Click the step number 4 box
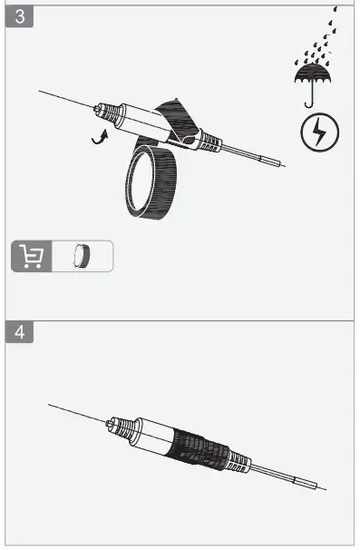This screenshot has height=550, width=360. point(20,332)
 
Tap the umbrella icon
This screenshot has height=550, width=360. point(310,76)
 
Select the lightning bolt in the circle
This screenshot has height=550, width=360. point(319,133)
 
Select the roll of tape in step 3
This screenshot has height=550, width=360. point(146,186)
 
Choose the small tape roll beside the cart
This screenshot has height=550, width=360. point(83,256)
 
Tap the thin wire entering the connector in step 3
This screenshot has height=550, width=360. point(63,100)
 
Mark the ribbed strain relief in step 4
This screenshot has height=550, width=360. point(236,460)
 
